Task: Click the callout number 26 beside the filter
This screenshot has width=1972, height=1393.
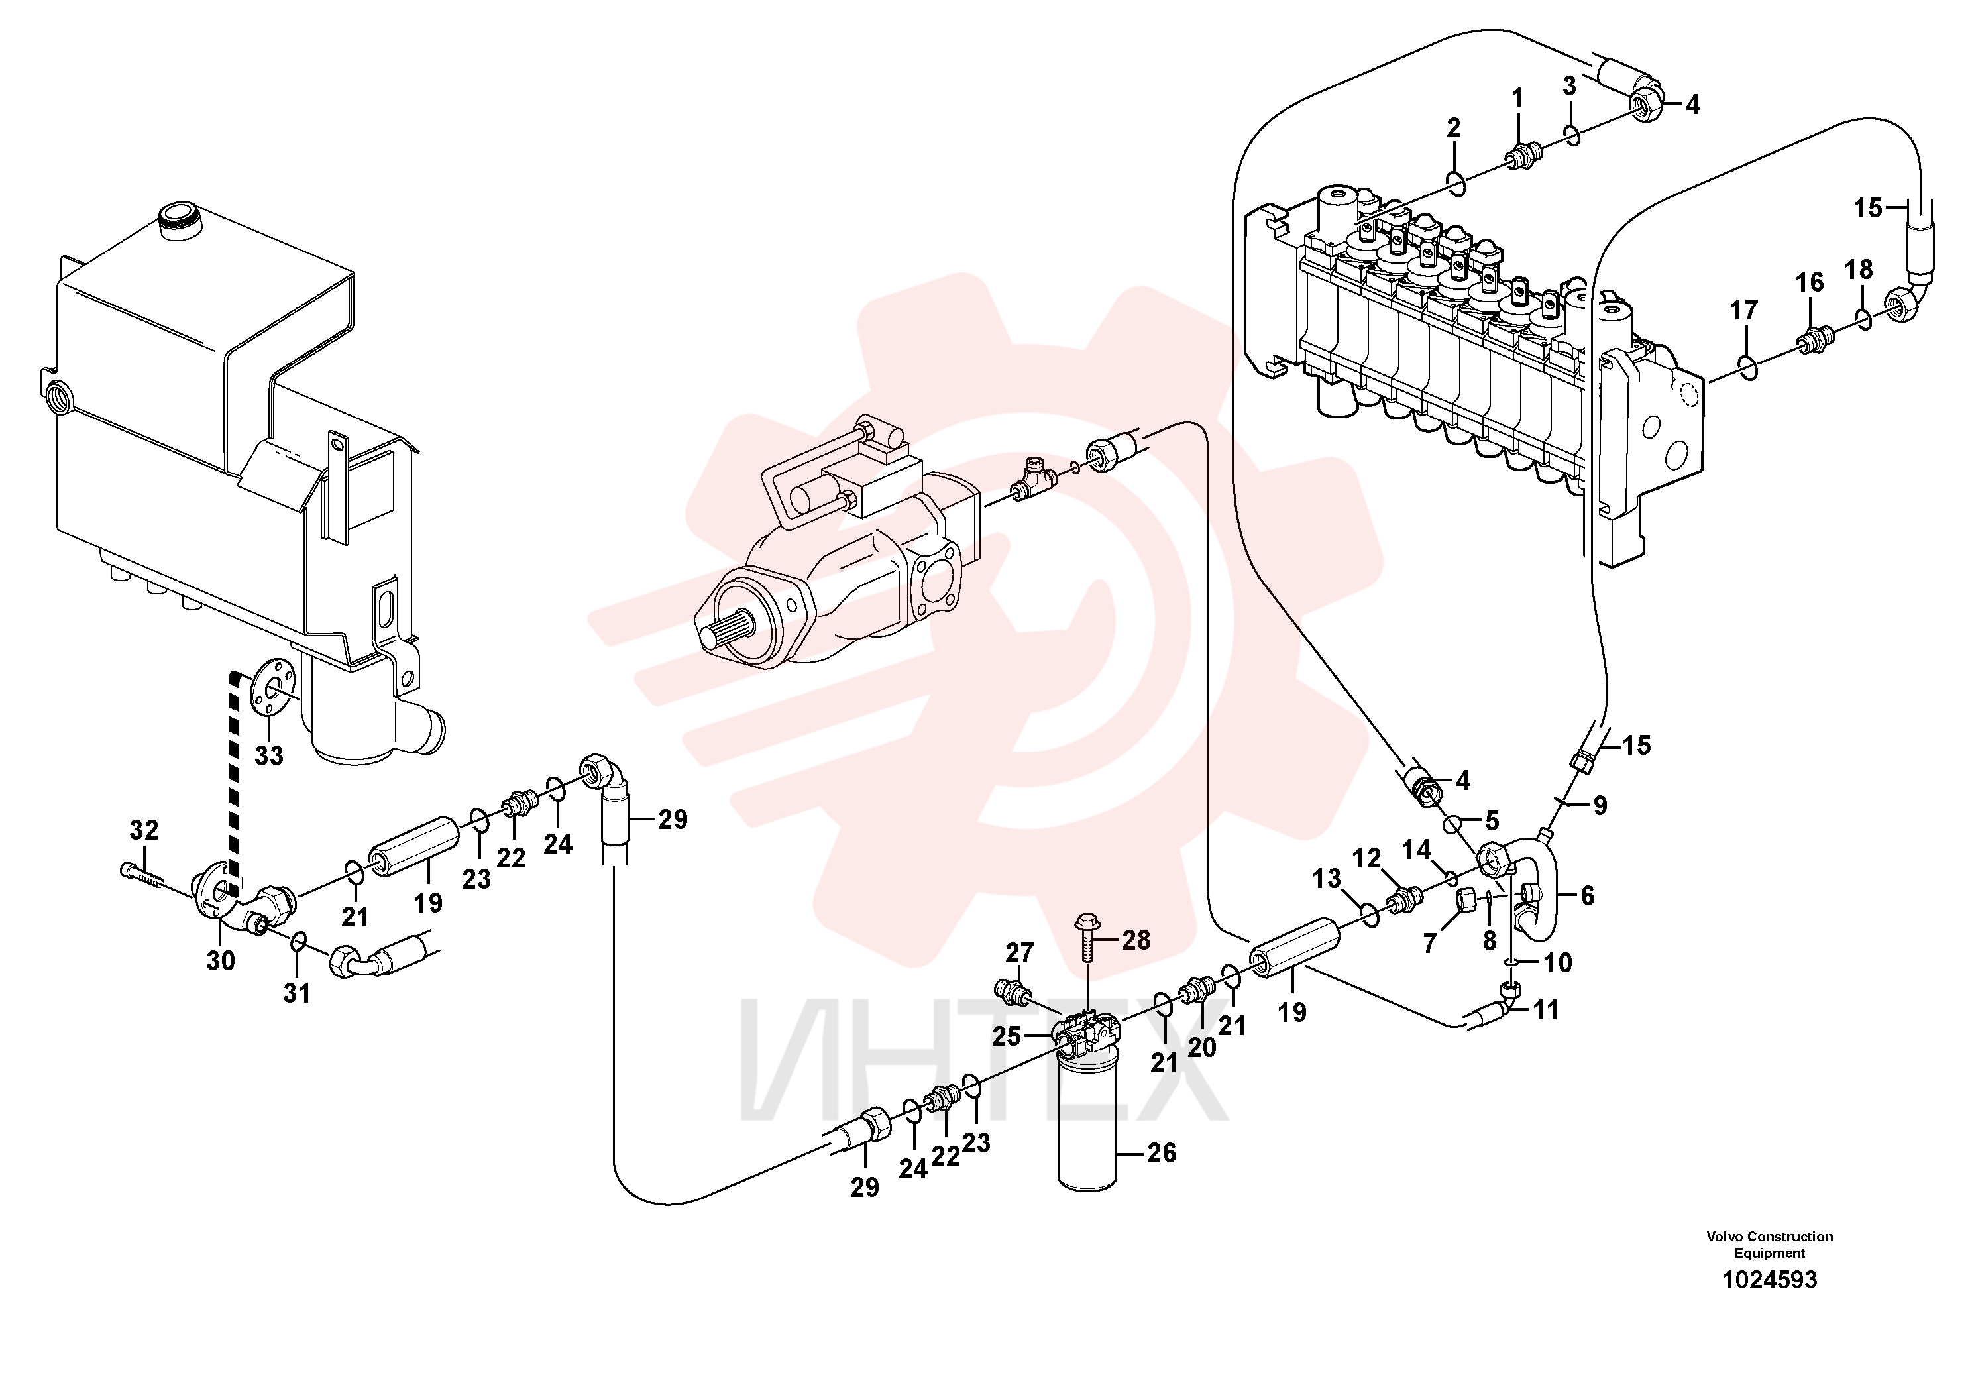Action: pyautogui.click(x=1161, y=1152)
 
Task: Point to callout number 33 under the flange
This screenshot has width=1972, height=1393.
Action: pyautogui.click(x=269, y=755)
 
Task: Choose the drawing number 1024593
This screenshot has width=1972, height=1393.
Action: pyautogui.click(x=1770, y=1280)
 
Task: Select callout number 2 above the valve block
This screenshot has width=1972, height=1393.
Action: pyautogui.click(x=1453, y=128)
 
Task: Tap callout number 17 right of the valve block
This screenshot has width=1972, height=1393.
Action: pyautogui.click(x=1743, y=310)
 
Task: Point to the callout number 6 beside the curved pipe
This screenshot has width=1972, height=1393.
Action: pyautogui.click(x=1587, y=896)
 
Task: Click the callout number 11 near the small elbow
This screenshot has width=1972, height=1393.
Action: pyautogui.click(x=1545, y=1010)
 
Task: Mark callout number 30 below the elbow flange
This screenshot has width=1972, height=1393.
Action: pyautogui.click(x=221, y=960)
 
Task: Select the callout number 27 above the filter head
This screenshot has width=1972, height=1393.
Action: pyautogui.click(x=1020, y=952)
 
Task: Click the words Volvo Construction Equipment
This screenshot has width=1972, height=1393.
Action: pyautogui.click(x=1769, y=1245)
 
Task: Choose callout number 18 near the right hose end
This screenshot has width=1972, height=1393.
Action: pyautogui.click(x=1859, y=270)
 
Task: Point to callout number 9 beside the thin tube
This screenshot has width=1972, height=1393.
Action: pyautogui.click(x=1599, y=806)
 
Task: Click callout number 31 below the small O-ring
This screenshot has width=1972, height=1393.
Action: pyautogui.click(x=296, y=993)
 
